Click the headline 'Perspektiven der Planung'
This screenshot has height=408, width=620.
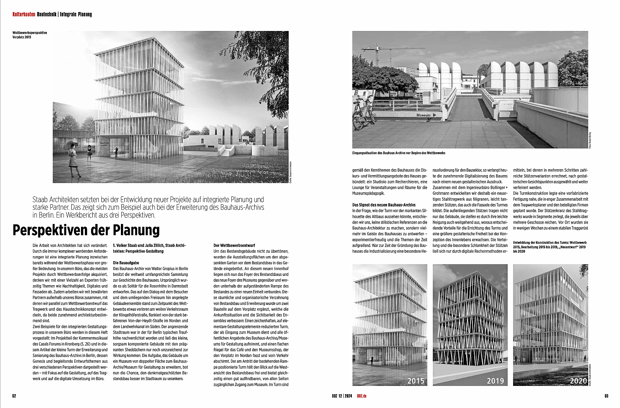pos(86,230)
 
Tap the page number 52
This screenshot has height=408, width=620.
pos(14,396)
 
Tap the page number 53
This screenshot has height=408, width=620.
pos(606,396)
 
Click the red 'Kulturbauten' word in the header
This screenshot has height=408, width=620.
pos(24,14)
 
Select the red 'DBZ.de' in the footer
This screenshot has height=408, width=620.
pos(362,396)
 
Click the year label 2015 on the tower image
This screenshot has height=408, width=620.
pos(415,381)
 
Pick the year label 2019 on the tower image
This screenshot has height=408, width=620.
pos(495,381)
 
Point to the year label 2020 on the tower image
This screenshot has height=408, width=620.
pos(578,381)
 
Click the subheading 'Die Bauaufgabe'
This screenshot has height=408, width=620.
pos(126,263)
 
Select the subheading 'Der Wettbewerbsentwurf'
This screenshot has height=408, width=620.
pos(234,245)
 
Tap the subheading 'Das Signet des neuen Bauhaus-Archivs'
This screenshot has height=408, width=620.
pos(384,205)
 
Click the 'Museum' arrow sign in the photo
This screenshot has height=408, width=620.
pos(426,115)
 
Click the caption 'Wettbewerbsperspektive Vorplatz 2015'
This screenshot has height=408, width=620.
pos(29,35)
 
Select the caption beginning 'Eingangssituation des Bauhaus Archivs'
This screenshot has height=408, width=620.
pos(399,153)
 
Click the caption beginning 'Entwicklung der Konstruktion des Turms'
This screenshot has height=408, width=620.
pos(549,247)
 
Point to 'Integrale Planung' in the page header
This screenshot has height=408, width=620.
pos(76,14)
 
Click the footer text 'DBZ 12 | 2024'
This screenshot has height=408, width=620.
pos(342,396)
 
